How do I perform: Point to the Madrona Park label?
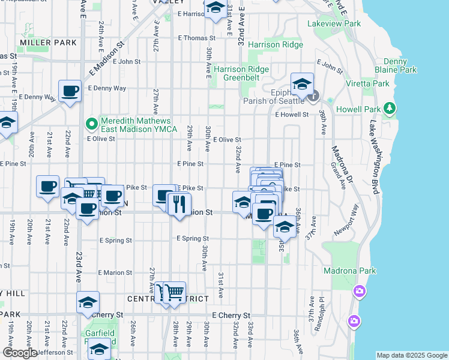pos(349,271)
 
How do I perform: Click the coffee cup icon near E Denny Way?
pos(70,91)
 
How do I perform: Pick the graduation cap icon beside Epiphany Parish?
pos(302,83)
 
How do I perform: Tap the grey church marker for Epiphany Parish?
pos(314,97)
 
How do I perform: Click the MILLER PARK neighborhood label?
pos(48,43)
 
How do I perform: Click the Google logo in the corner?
pos(19,353)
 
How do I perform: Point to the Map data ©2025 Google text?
pos(411,355)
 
